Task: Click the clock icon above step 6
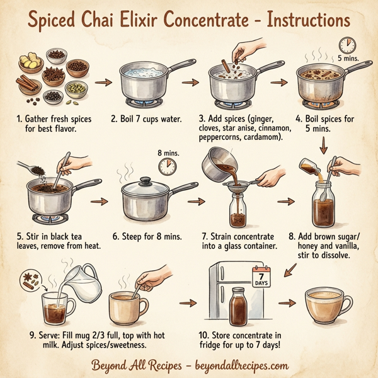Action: click(167, 166)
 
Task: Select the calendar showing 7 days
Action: click(260, 277)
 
